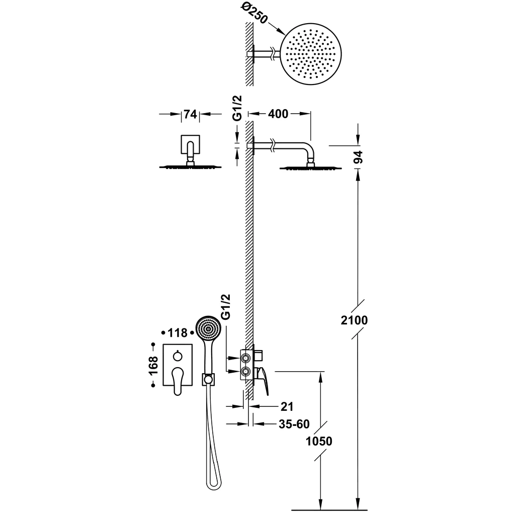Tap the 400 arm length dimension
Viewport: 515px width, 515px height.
coord(278,114)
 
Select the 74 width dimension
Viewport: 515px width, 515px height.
coord(191,114)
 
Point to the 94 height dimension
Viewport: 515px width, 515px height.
coord(358,157)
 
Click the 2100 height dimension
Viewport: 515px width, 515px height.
coord(354,319)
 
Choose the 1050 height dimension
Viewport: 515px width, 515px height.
coord(319,441)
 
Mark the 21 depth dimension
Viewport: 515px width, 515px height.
coord(287,406)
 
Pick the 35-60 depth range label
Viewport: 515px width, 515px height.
coord(294,424)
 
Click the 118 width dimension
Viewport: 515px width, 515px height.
coord(178,333)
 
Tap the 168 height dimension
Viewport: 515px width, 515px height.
coord(153,365)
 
